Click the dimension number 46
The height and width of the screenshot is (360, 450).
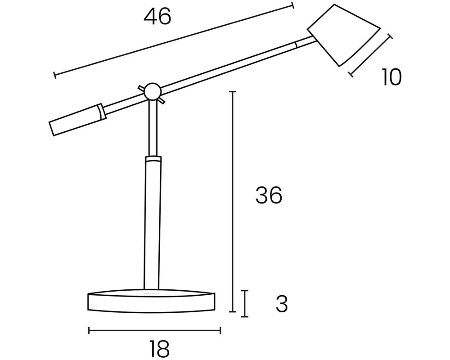[157, 17]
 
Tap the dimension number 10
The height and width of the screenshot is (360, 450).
[391, 77]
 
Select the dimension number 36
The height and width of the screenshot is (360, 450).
[269, 196]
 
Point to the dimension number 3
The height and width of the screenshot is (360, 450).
[281, 305]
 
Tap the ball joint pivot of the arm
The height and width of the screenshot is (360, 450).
[152, 91]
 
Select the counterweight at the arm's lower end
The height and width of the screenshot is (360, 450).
[74, 121]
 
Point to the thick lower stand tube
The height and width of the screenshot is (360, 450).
[152, 225]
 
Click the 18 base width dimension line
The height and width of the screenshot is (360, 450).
[154, 331]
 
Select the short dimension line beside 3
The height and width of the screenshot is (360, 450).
[244, 304]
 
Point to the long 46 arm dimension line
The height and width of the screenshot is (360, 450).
[173, 40]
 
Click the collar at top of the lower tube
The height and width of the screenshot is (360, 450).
[153, 159]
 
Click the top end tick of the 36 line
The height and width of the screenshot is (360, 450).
[233, 92]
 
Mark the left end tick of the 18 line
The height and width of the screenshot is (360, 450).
[89, 331]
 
